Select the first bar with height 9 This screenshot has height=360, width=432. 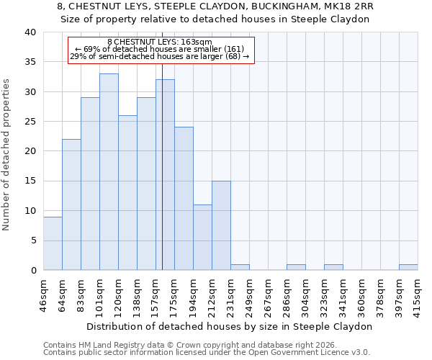[53, 243]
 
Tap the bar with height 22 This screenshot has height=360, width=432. [71, 204]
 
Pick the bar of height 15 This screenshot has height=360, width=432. [221, 225]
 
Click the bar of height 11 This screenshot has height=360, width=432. [202, 238]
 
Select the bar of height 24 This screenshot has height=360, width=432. [184, 199]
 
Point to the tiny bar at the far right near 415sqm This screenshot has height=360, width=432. [408, 267]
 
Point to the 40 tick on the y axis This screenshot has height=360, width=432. [30, 32]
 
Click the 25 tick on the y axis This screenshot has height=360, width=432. [30, 122]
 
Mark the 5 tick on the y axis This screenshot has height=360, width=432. [33, 240]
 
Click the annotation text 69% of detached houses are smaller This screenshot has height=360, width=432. [161, 49]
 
